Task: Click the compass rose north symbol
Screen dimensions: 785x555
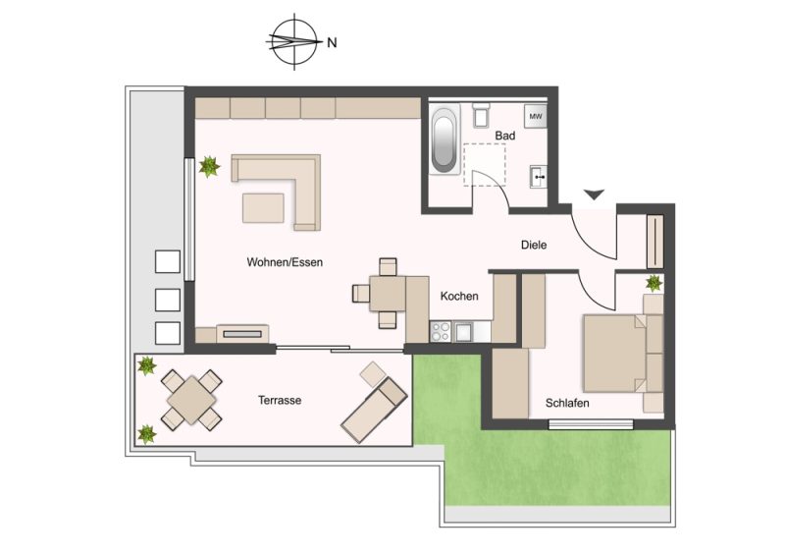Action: click(294, 41)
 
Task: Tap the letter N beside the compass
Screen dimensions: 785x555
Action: click(332, 42)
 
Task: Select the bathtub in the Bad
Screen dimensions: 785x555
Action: click(445, 139)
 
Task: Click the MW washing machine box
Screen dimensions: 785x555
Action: click(536, 116)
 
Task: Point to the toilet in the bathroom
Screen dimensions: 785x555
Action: click(481, 115)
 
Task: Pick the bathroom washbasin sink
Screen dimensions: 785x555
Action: click(539, 177)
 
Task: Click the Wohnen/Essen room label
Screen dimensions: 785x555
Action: click(285, 262)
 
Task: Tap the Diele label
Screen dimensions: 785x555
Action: click(534, 246)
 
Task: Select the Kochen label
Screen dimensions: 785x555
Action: click(459, 297)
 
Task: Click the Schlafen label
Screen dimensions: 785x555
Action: click(567, 403)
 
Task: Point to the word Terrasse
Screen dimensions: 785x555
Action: click(280, 400)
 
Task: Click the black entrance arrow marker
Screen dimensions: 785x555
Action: click(595, 194)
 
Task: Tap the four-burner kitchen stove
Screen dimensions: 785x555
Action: click(441, 331)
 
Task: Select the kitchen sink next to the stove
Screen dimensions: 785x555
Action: click(463, 332)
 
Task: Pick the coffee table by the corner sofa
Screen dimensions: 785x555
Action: click(263, 208)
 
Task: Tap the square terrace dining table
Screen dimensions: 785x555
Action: click(191, 400)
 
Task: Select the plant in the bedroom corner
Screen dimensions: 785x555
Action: click(654, 283)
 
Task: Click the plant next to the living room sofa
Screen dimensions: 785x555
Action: click(209, 166)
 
